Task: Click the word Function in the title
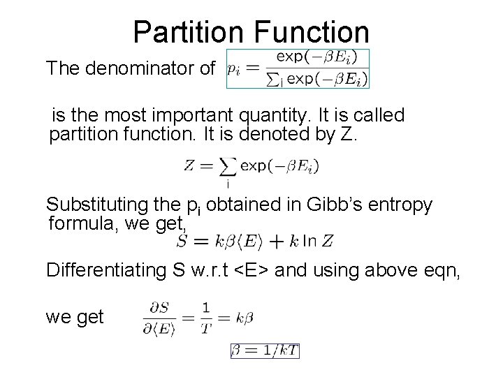pos(309,32)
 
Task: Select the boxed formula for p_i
pos(298,68)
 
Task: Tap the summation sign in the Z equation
pos(226,168)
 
